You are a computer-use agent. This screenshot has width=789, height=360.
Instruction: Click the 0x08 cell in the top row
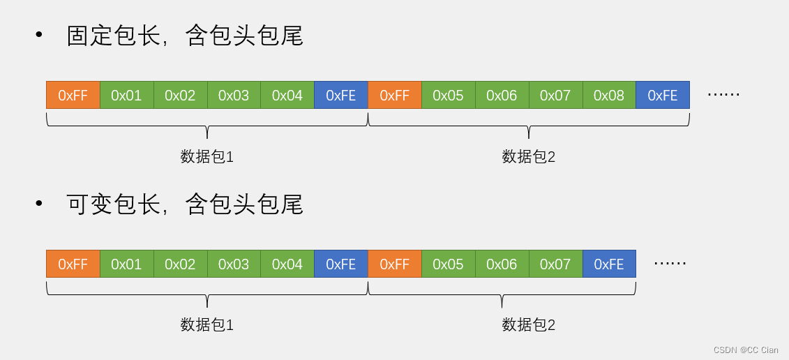coord(609,95)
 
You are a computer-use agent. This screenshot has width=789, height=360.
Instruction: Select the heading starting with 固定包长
coord(184,36)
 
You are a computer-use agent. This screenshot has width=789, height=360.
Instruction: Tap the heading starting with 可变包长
coord(184,204)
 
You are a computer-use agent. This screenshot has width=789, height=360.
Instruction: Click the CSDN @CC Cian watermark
coord(745,350)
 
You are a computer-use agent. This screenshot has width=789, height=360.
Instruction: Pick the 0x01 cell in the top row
coord(126,95)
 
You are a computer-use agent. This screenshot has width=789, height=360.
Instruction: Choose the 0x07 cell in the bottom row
coord(555,264)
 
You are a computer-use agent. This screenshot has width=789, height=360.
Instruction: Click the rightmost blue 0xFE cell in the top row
coord(663,95)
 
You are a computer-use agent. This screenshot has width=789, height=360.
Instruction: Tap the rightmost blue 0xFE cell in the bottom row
coord(609,264)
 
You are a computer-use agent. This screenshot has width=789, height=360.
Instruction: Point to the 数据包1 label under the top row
coord(207,157)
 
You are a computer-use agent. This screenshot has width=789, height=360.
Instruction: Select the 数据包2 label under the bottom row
coord(529,325)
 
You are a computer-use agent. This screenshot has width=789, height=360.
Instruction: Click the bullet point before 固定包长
coord(39,35)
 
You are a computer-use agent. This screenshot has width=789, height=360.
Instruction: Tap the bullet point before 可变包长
coord(39,204)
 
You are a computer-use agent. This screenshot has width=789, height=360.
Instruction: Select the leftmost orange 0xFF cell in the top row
coord(73,95)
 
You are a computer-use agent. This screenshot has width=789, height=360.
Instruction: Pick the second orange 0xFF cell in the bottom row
coord(395,264)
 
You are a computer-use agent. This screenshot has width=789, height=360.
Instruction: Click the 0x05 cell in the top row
coord(448,95)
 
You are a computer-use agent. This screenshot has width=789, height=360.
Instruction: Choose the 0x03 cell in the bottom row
coord(234,264)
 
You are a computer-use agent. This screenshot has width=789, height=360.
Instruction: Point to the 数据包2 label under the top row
coord(529,157)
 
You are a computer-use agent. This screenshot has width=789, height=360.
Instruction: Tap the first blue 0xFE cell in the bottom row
coord(341,264)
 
